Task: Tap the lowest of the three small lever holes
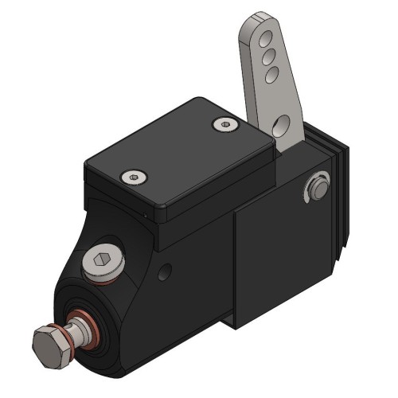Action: (271, 73)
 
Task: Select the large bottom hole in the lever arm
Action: (280, 125)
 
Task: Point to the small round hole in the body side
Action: (165, 273)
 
